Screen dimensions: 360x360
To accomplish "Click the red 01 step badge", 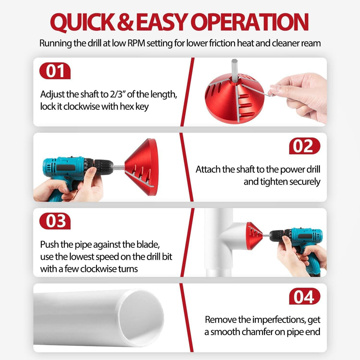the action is [x=55, y=71].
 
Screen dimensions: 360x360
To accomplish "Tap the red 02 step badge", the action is [x=304, y=146].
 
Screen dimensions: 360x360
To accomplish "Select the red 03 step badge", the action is [x=55, y=221].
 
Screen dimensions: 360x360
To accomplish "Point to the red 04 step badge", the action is [x=304, y=296].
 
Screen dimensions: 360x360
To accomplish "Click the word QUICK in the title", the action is [x=83, y=22].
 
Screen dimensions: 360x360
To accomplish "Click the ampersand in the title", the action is [x=126, y=22].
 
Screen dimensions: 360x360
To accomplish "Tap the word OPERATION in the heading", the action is [x=249, y=22].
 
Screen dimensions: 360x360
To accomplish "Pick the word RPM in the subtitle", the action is [x=136, y=43].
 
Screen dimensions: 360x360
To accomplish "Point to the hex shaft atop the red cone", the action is [x=234, y=70].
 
